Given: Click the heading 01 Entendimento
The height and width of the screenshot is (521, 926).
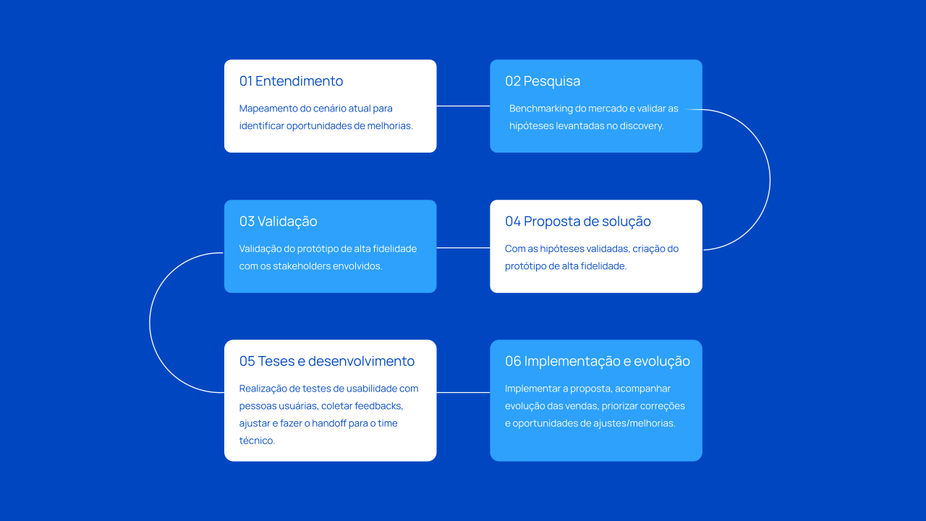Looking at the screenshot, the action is (x=291, y=81).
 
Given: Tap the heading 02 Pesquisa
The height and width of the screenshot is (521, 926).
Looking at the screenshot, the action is (x=543, y=81).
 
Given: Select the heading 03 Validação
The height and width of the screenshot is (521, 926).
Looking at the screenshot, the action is (x=279, y=221).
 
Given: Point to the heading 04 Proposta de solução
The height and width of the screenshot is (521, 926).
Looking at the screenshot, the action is (x=578, y=221).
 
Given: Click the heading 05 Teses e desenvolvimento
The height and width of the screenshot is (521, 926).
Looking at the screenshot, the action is (x=326, y=361).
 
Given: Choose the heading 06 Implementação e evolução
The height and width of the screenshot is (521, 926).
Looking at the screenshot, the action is (x=598, y=361).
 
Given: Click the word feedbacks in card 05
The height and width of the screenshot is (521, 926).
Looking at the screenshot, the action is (x=378, y=406).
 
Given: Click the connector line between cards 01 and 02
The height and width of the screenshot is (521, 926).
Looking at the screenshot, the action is (x=463, y=106).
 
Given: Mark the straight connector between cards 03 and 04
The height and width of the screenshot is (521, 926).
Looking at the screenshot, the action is (x=463, y=247).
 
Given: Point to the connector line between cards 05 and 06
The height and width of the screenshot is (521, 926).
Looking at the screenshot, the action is (x=463, y=392).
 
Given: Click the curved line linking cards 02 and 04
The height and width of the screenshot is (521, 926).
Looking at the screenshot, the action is (x=770, y=180).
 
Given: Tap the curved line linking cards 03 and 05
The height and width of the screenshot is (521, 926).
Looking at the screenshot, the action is (x=150, y=323).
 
